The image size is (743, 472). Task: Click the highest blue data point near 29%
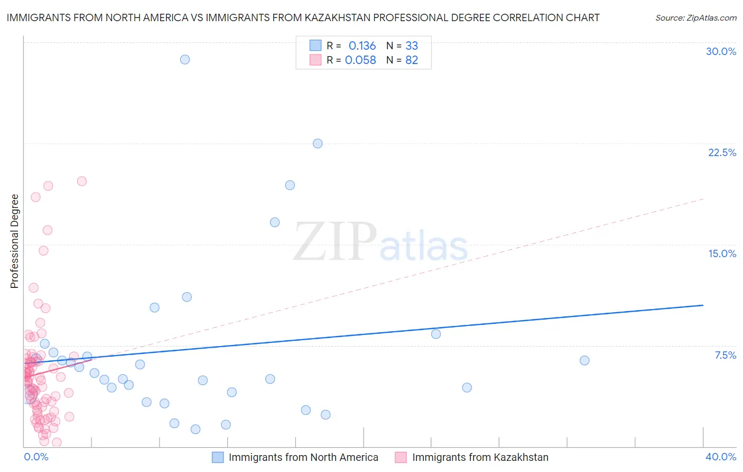click(185, 59)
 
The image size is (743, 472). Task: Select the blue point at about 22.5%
click(318, 143)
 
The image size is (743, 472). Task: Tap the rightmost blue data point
click(584, 360)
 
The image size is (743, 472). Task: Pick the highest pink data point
click(82, 181)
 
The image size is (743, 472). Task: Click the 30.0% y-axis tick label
click(721, 51)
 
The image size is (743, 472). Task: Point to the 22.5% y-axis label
click(722, 152)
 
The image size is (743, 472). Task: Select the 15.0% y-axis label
click(722, 253)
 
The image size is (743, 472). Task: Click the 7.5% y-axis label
click(725, 355)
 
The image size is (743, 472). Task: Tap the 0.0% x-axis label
click(36, 457)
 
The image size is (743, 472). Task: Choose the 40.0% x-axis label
click(721, 457)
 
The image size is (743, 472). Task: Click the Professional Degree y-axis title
click(14, 241)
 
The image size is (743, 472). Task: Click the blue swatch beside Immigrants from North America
click(218, 457)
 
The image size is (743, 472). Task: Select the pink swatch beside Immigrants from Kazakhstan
click(401, 457)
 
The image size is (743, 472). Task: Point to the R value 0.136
click(362, 46)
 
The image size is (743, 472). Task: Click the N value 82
click(412, 60)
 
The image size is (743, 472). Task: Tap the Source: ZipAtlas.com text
click(695, 18)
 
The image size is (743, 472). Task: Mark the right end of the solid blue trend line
click(703, 305)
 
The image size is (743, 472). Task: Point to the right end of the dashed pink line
click(703, 199)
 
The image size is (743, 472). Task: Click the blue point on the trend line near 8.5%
click(436, 334)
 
